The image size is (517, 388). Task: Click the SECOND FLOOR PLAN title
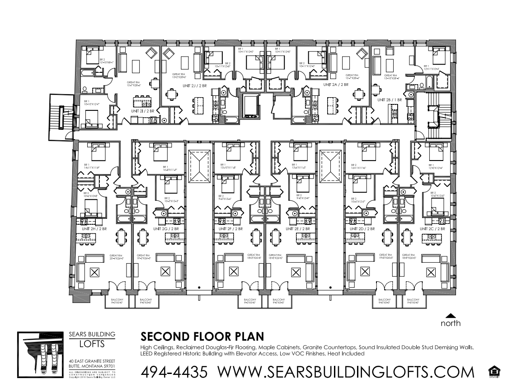coord(202,337)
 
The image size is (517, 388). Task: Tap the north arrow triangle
coord(451,316)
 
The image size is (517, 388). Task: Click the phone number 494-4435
coord(174,372)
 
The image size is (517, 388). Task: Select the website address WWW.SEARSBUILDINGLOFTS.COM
coord(346,372)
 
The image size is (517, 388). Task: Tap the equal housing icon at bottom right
coord(495,372)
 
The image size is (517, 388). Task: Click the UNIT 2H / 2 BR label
coord(94,229)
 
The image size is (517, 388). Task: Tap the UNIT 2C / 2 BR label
coord(432,229)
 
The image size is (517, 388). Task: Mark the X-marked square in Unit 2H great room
coord(94,272)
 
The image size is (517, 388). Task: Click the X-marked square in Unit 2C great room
coord(431,272)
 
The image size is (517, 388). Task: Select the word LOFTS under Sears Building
coord(91,344)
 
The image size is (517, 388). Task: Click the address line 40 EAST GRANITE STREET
coord(91,360)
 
